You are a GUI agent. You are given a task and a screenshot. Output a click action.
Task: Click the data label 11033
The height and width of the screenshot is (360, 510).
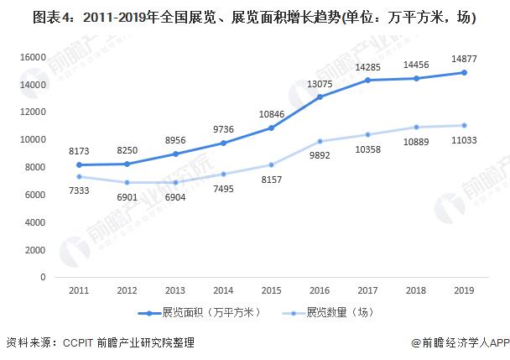463,140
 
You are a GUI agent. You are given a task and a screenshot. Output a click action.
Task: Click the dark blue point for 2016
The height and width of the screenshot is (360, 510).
319,97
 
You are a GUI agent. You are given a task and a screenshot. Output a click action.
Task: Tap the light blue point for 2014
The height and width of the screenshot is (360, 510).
222,174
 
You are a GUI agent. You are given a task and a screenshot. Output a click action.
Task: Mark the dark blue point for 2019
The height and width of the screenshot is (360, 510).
463,73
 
